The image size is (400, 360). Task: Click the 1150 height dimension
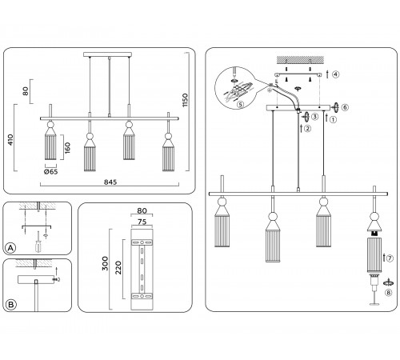185,100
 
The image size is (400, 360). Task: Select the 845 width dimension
110,182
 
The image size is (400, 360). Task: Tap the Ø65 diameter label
50,172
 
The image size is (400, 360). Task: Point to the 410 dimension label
10,140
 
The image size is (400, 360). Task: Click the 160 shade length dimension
67,148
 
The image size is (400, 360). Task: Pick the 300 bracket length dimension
105,263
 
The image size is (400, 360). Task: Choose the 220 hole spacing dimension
118,268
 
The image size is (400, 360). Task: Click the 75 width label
142,222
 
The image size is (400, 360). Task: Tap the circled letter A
10,248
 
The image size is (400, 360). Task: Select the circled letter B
11,305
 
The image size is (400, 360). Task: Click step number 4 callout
336,74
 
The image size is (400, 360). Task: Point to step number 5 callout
240,104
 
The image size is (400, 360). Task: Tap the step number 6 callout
345,107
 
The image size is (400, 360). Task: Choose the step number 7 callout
390,258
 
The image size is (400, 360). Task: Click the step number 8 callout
389,293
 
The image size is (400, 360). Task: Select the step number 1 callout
333,119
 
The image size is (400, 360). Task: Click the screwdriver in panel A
38,242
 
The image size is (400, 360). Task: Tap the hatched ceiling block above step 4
300,60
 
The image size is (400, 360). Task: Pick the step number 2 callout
307,129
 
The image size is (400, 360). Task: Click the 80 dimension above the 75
142,210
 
